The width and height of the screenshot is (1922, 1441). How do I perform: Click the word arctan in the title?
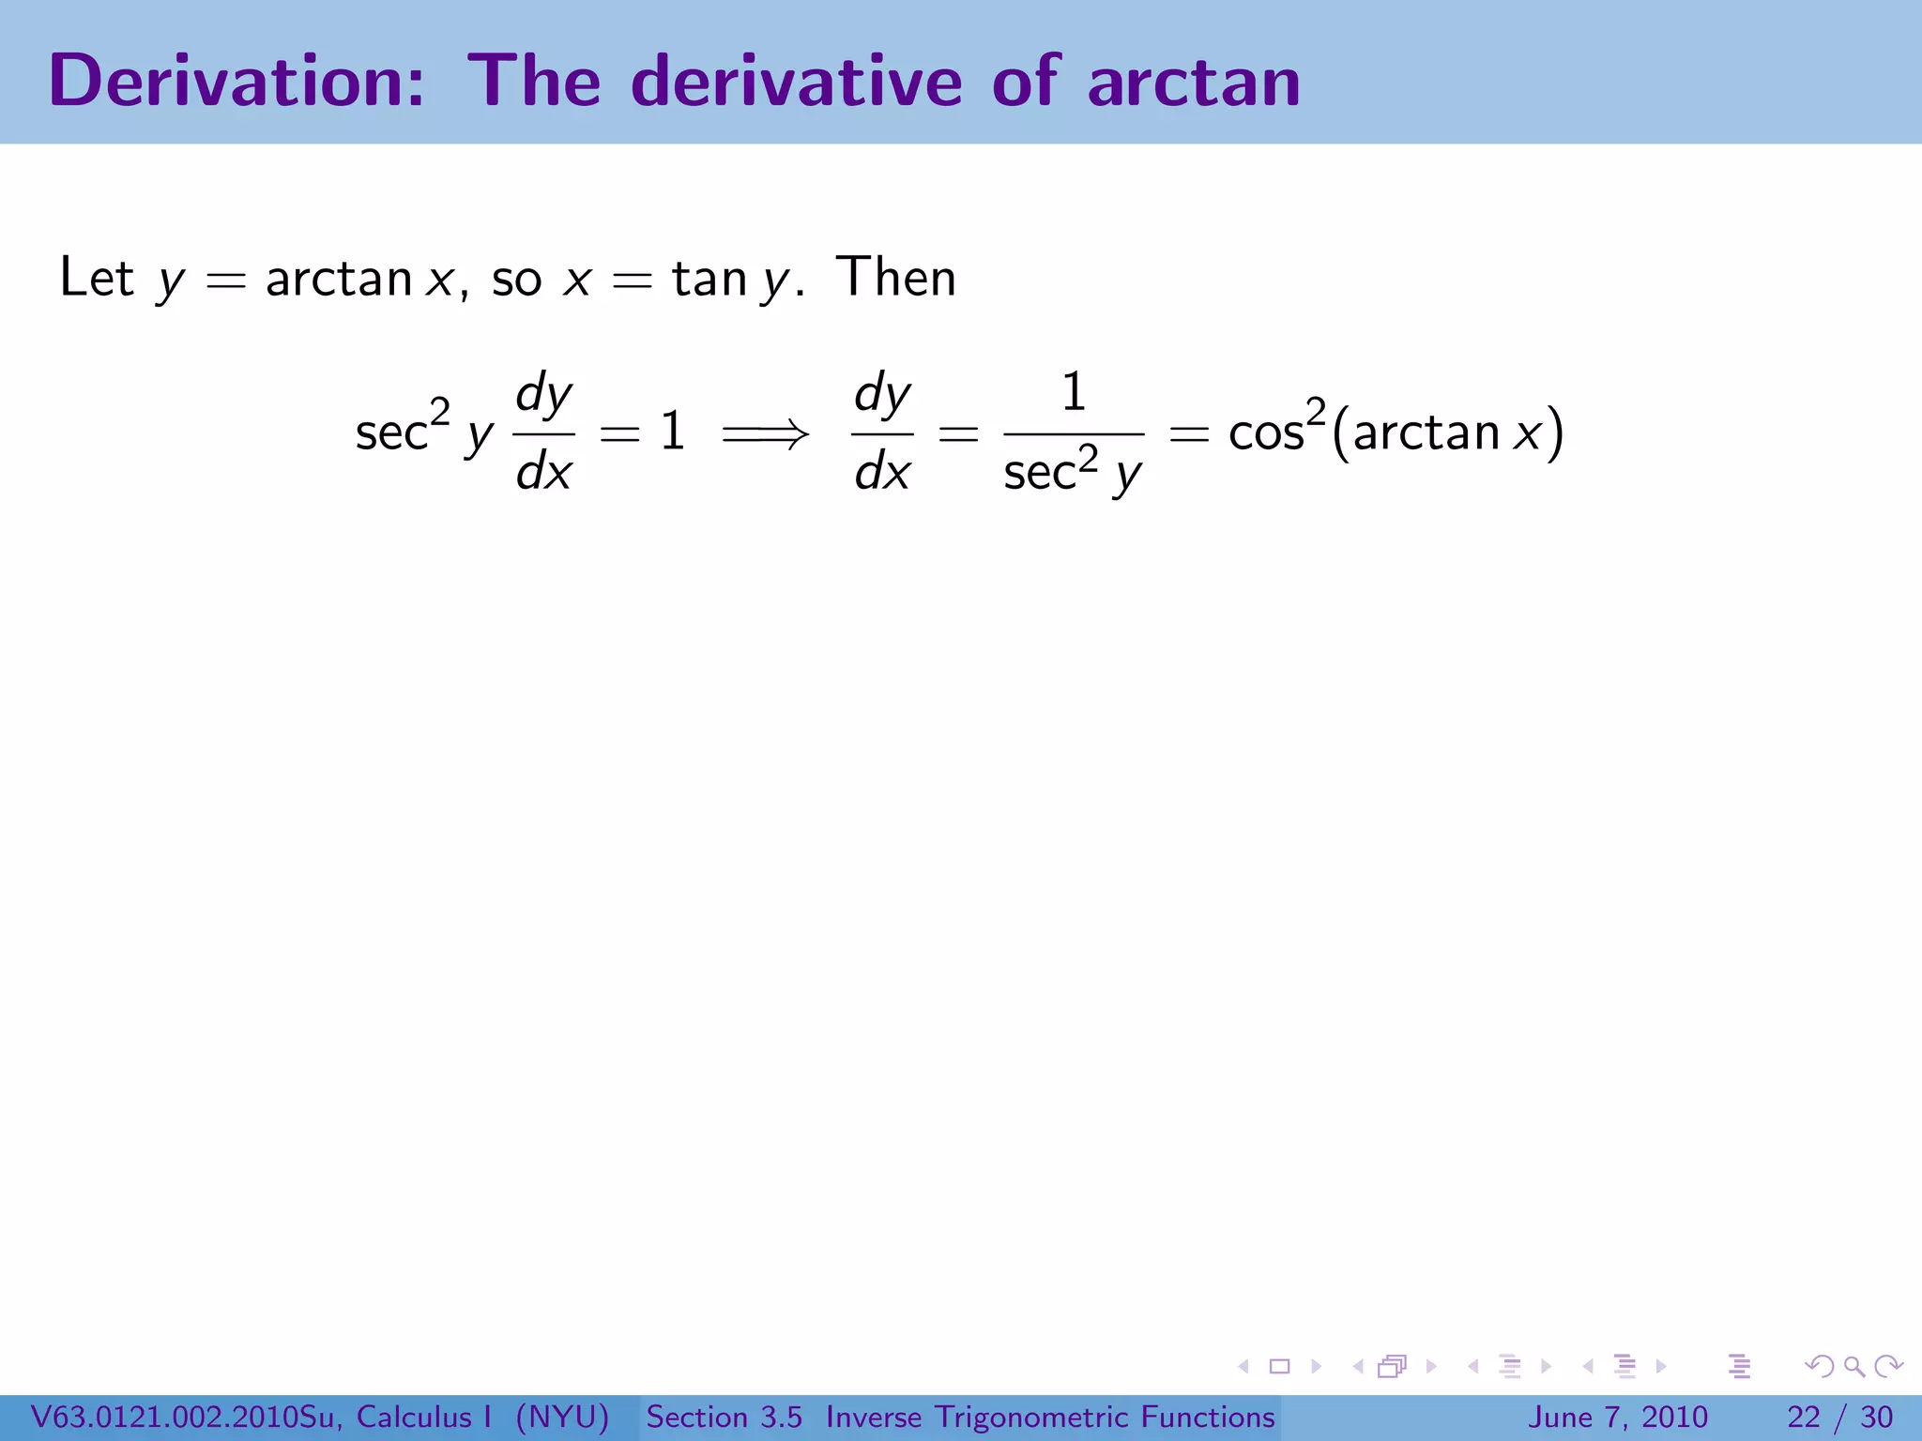(1194, 83)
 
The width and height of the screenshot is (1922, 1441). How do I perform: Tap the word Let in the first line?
(97, 278)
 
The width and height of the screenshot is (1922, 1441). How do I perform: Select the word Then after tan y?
(896, 278)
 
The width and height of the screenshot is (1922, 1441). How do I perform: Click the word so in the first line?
(516, 280)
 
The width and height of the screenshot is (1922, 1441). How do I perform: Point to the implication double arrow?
(765, 433)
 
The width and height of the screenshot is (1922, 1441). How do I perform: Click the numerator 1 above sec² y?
(1074, 392)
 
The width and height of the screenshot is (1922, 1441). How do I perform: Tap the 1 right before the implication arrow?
(672, 432)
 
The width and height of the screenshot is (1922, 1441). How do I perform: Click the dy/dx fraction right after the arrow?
(881, 432)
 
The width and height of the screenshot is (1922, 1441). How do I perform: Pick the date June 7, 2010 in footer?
(1618, 1417)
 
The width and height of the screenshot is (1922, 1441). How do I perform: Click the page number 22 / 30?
(1839, 1417)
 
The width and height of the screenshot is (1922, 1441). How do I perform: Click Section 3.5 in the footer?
(724, 1417)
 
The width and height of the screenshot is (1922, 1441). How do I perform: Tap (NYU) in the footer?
(562, 1417)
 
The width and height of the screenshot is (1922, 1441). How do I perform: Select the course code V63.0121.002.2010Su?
(183, 1417)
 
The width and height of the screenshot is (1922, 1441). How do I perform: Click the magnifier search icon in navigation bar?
(1853, 1367)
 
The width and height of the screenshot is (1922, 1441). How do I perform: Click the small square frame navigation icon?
(1279, 1367)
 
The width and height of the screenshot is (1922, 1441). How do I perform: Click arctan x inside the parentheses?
(1446, 432)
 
